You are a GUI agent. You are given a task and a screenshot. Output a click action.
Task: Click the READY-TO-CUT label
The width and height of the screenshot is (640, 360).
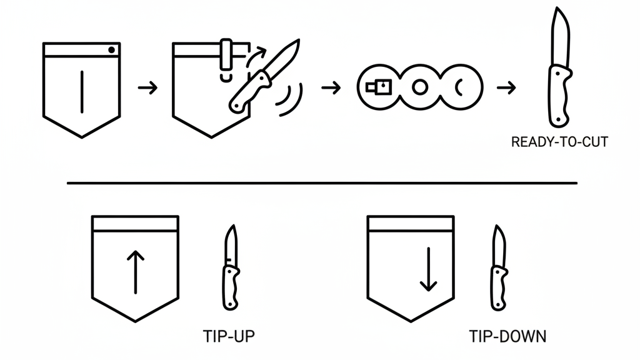[x=559, y=142]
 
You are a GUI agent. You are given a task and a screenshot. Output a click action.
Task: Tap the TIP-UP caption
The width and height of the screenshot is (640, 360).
[x=229, y=336]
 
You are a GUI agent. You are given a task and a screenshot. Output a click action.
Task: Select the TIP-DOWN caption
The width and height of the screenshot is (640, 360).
[x=507, y=336]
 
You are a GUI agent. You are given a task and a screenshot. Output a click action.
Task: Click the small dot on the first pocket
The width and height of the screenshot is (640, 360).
[x=111, y=50]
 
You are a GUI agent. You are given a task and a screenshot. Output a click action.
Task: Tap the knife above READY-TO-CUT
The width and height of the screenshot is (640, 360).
[x=559, y=69]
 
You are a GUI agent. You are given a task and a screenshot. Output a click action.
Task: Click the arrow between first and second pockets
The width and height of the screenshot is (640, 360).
[x=147, y=88]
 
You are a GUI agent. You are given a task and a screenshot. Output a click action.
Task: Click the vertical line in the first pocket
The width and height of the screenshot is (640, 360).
[x=82, y=91]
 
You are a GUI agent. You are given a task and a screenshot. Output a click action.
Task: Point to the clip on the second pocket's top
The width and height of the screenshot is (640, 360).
[x=226, y=56]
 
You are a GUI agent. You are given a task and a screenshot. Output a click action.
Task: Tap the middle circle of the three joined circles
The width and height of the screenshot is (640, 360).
[x=420, y=88]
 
